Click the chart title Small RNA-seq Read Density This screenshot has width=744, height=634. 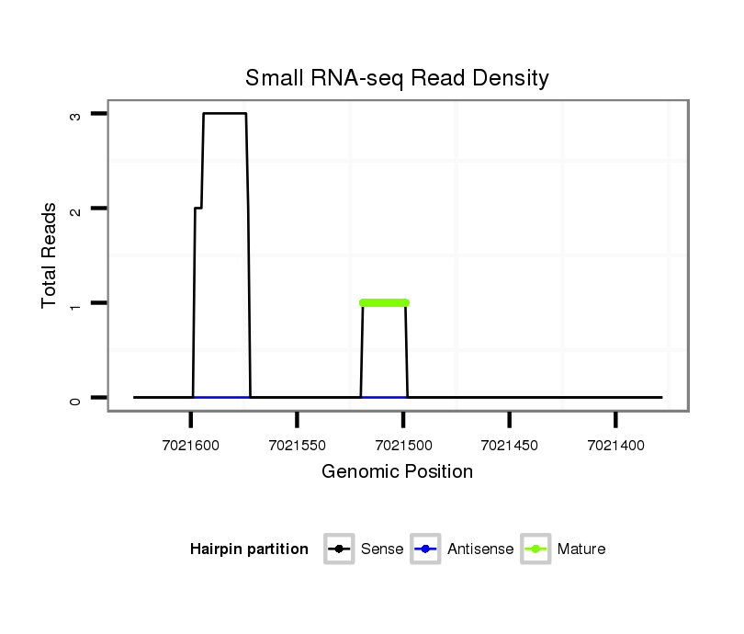pyautogui.click(x=397, y=78)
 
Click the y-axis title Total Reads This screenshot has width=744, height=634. pyautogui.click(x=50, y=255)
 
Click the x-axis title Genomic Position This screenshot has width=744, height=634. pyautogui.click(x=397, y=472)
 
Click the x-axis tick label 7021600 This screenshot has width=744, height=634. pyautogui.click(x=191, y=445)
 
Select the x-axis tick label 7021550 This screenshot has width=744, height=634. pyautogui.click(x=297, y=445)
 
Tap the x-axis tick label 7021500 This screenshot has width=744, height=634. pyautogui.click(x=403, y=445)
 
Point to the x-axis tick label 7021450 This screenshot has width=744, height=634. pyautogui.click(x=509, y=445)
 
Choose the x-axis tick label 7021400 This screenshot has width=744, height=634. pyautogui.click(x=615, y=445)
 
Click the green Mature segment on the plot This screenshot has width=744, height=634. pyautogui.click(x=384, y=302)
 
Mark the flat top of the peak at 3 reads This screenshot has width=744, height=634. pyautogui.click(x=224, y=113)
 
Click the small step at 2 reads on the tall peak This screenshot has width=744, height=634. pyautogui.click(x=198, y=208)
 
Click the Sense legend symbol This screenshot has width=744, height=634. pyautogui.click(x=340, y=549)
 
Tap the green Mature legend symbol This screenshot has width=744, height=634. pyautogui.click(x=535, y=549)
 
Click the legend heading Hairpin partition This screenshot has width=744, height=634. pyautogui.click(x=249, y=549)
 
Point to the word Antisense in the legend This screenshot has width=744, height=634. pyautogui.click(x=480, y=549)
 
